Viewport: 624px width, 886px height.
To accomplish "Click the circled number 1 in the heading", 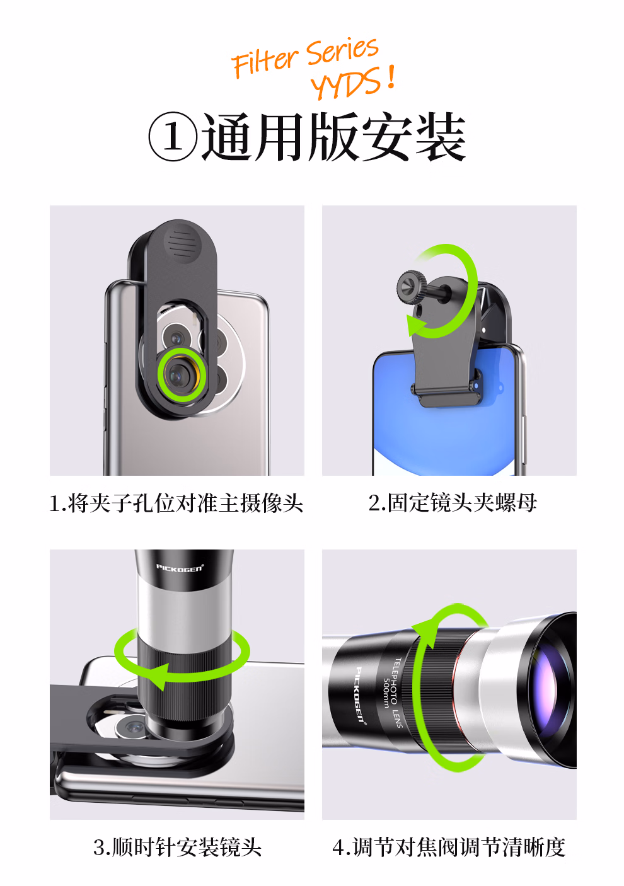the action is click(173, 137).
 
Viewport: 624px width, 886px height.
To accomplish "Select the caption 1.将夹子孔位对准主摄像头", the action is click(176, 503).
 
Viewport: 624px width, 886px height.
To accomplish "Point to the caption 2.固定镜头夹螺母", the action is click(453, 503).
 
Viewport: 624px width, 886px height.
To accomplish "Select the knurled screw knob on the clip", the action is click(411, 287).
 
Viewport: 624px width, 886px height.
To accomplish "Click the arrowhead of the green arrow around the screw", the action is click(416, 326).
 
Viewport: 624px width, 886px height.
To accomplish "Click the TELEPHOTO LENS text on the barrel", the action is click(398, 692).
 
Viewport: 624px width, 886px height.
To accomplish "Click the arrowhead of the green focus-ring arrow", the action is click(428, 635).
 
